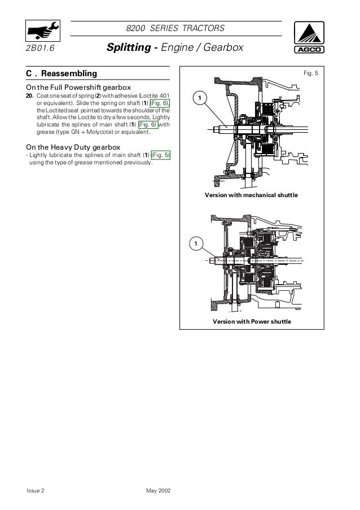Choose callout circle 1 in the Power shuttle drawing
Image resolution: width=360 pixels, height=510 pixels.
195,243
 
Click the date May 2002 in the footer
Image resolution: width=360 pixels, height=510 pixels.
159,491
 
